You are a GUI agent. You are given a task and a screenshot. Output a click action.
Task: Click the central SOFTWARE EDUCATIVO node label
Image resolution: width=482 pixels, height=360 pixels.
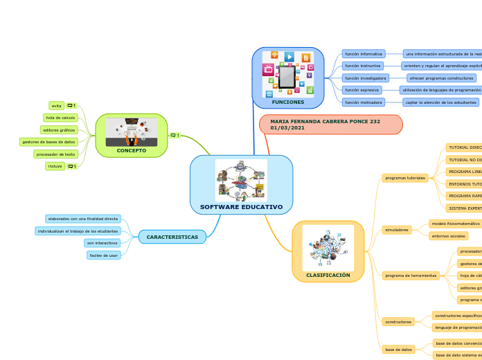point(241,207)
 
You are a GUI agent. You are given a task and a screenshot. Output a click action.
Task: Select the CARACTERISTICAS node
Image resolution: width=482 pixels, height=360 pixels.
point(172,237)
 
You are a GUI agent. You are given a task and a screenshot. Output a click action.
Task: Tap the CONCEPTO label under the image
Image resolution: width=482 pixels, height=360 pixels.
point(131,150)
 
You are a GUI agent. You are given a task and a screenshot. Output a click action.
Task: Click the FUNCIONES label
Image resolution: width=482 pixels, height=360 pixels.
point(287,102)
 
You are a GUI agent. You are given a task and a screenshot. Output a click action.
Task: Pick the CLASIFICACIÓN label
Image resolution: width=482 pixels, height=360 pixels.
point(328,275)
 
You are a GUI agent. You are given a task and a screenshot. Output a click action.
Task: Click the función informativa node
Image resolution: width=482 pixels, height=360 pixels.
point(364,53)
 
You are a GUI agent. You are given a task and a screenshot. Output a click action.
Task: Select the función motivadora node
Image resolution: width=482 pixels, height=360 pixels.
point(364,102)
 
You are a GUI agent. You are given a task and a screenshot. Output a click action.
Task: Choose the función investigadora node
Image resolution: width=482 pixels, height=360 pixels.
point(366,78)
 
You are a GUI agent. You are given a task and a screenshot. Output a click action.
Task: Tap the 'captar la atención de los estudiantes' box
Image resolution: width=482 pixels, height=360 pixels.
point(441,102)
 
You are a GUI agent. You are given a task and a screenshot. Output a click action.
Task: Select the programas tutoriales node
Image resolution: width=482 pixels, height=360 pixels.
point(405,178)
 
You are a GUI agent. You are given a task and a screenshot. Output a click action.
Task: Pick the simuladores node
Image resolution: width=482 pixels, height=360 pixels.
point(397,229)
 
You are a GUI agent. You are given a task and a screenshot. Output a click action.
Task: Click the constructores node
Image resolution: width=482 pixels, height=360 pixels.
point(398,321)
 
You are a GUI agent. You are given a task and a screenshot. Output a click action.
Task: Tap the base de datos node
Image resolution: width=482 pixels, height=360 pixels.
point(398,350)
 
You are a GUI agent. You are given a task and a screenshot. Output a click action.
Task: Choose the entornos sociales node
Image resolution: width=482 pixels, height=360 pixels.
point(448,236)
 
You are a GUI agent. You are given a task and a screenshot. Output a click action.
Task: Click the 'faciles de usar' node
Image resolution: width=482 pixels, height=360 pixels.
point(104,255)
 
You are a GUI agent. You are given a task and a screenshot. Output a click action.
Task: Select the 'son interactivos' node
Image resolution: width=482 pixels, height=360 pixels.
point(102,243)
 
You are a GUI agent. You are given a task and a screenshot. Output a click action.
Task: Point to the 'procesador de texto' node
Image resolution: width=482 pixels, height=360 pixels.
point(55,154)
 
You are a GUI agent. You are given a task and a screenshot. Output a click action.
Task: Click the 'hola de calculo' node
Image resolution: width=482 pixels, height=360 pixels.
point(60,118)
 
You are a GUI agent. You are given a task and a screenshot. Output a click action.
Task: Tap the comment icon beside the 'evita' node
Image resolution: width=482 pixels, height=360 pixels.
point(71,106)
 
